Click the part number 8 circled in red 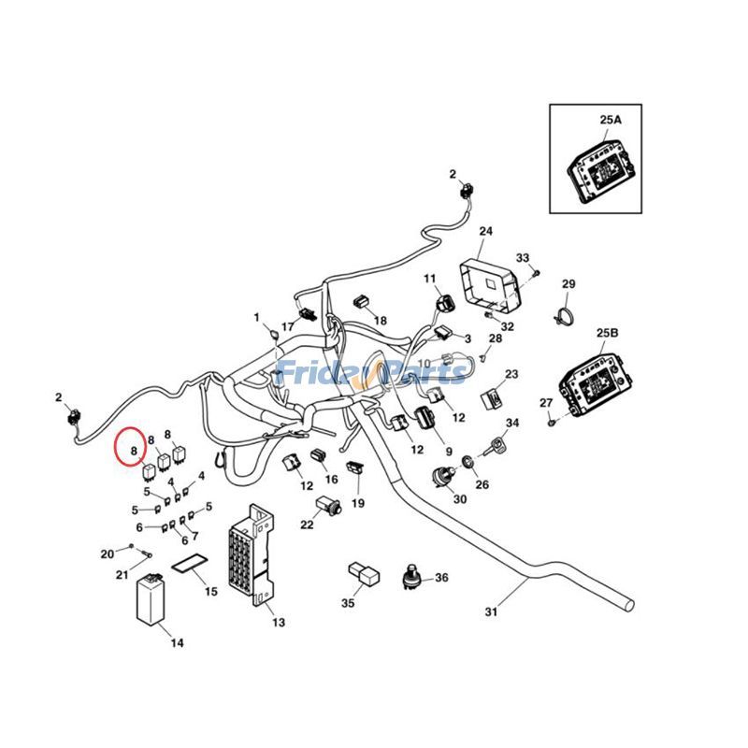[135, 450]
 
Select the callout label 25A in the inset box [610, 121]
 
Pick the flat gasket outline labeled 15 [189, 567]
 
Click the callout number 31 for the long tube [492, 612]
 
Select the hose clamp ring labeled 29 [562, 316]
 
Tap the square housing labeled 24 [488, 283]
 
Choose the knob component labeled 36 [410, 580]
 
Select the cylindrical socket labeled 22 [328, 506]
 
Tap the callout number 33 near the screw [523, 258]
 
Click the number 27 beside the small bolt [546, 403]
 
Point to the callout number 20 [107, 554]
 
